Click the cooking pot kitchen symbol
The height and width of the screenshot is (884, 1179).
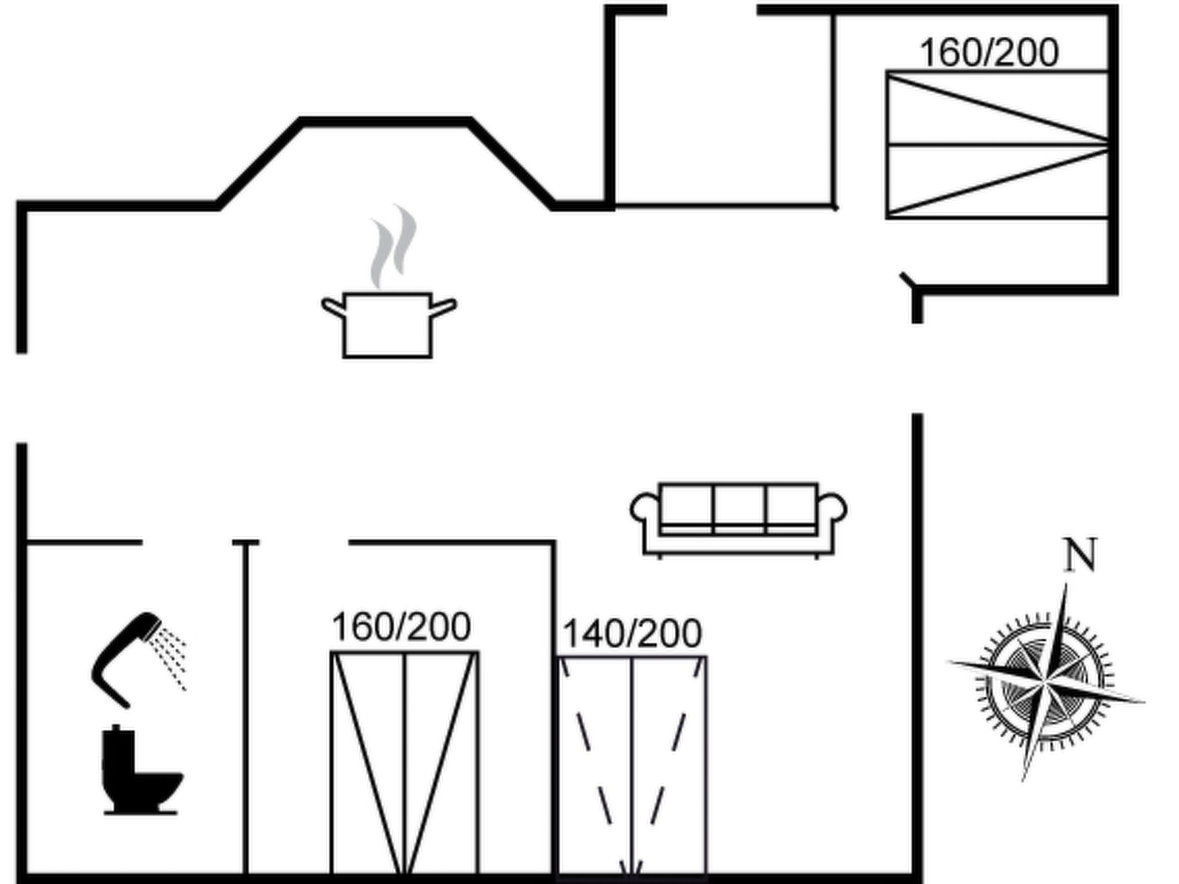[388, 325]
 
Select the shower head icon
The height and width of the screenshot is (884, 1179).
[138, 660]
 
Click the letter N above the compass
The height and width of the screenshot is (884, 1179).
[1080, 555]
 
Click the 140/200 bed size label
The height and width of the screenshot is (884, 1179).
[632, 634]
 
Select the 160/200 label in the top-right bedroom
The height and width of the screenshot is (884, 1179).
[989, 52]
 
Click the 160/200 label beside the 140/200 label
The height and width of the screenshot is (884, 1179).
[401, 627]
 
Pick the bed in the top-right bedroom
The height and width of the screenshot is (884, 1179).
[998, 144]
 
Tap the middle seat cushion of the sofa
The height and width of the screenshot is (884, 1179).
[739, 510]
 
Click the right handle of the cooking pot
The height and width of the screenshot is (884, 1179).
[443, 307]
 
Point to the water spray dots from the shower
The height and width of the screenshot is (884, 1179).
[169, 658]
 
